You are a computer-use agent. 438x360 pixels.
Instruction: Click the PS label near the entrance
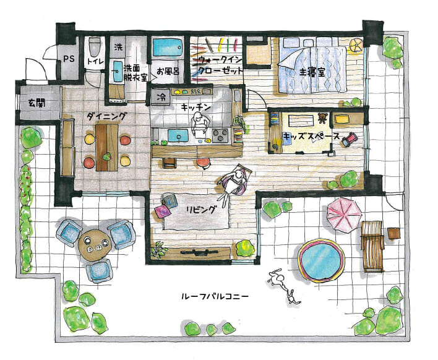69,59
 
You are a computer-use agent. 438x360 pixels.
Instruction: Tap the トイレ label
95,62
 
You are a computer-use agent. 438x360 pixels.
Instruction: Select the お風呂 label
168,72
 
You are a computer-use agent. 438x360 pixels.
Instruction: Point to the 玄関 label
36,104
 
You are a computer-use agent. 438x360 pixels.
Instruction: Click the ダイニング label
106,116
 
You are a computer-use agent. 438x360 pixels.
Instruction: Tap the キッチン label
195,107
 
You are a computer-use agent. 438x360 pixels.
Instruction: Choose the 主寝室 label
312,72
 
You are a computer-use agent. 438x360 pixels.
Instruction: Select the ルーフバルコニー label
215,296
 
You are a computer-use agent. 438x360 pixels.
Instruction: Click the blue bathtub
168,48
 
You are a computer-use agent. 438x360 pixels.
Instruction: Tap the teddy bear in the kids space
322,118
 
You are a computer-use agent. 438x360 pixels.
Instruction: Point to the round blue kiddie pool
321,260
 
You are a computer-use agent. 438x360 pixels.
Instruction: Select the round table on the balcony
95,246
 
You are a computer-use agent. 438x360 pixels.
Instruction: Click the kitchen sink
179,135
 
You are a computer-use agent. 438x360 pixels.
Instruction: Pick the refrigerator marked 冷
161,97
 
